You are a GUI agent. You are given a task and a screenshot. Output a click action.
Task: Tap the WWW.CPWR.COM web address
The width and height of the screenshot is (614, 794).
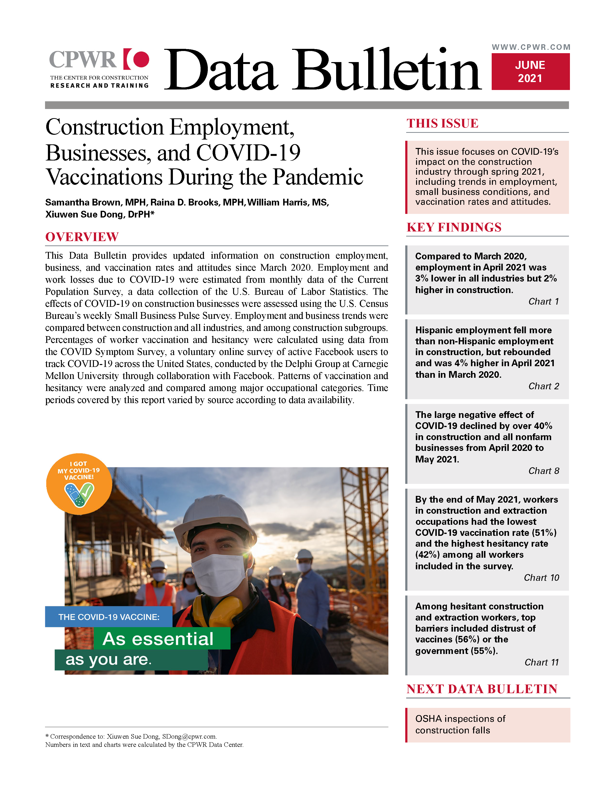[531, 47]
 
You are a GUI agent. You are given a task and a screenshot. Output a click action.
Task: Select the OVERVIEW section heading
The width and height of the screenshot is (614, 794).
[82, 237]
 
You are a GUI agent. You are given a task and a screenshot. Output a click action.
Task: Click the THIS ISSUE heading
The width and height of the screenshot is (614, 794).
[442, 124]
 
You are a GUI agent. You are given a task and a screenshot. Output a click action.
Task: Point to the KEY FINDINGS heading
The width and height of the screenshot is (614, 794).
[454, 227]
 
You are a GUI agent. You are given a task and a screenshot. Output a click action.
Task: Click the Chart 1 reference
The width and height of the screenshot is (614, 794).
[543, 301]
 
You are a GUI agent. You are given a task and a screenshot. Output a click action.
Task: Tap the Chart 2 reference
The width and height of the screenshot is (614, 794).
[543, 386]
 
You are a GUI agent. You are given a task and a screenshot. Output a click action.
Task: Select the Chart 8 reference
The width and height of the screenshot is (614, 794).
[543, 471]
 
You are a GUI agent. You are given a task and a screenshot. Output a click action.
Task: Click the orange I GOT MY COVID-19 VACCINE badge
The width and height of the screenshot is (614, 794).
[79, 484]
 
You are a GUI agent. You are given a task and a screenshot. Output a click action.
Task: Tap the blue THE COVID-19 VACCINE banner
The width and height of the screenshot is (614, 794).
[109, 617]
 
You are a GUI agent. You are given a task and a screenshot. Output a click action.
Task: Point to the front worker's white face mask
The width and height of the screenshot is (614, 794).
[218, 574]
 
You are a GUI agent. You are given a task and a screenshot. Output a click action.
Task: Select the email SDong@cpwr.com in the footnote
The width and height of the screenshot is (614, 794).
[189, 736]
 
